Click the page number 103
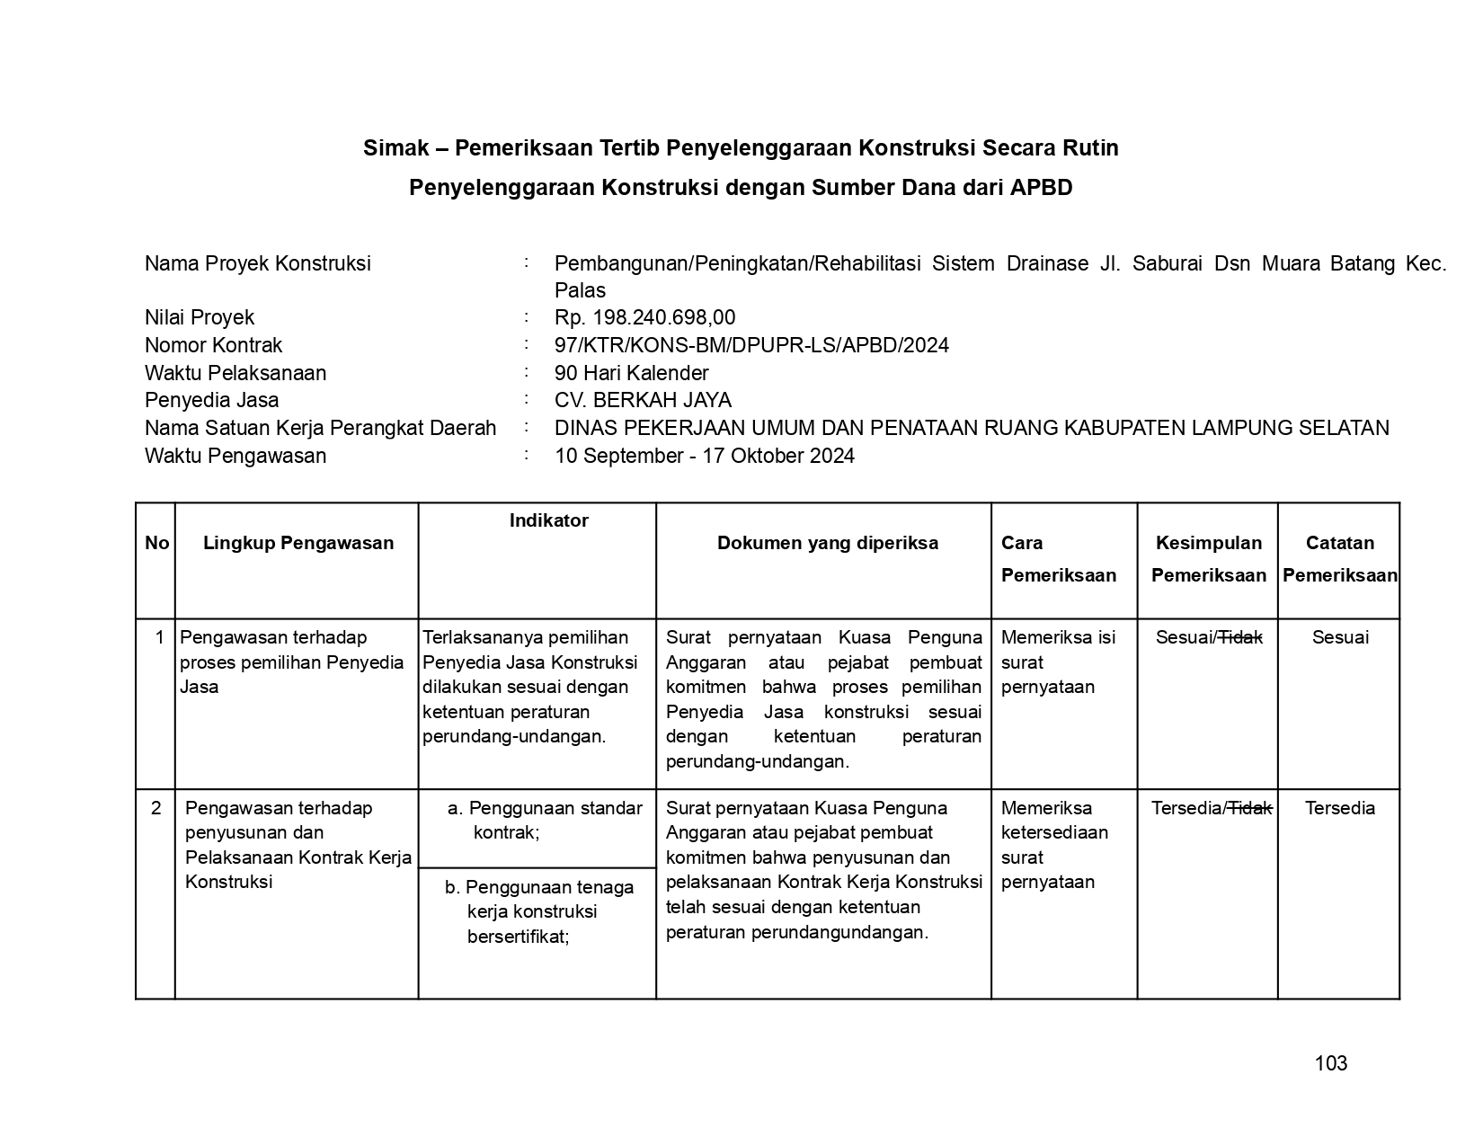tap(1330, 1063)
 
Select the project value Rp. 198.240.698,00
tap(644, 317)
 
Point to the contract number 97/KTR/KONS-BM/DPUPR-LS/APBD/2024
tap(751, 345)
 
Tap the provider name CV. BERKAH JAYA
tap(643, 400)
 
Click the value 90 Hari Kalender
tap(631, 373)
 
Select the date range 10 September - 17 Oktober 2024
tap(704, 456)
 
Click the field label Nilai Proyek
tap(199, 317)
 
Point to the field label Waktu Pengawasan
tap(235, 456)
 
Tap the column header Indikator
tap(548, 520)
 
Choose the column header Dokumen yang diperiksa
tap(827, 543)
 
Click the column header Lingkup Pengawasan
tap(297, 543)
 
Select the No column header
tap(156, 543)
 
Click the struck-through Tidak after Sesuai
tap(1240, 637)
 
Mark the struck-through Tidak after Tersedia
tap(1250, 808)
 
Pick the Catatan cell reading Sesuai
tap(1339, 637)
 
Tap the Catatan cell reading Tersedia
tap(1339, 808)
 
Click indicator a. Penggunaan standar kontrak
tap(544, 820)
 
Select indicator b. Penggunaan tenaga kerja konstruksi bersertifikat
tap(538, 911)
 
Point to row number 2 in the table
tap(156, 808)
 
